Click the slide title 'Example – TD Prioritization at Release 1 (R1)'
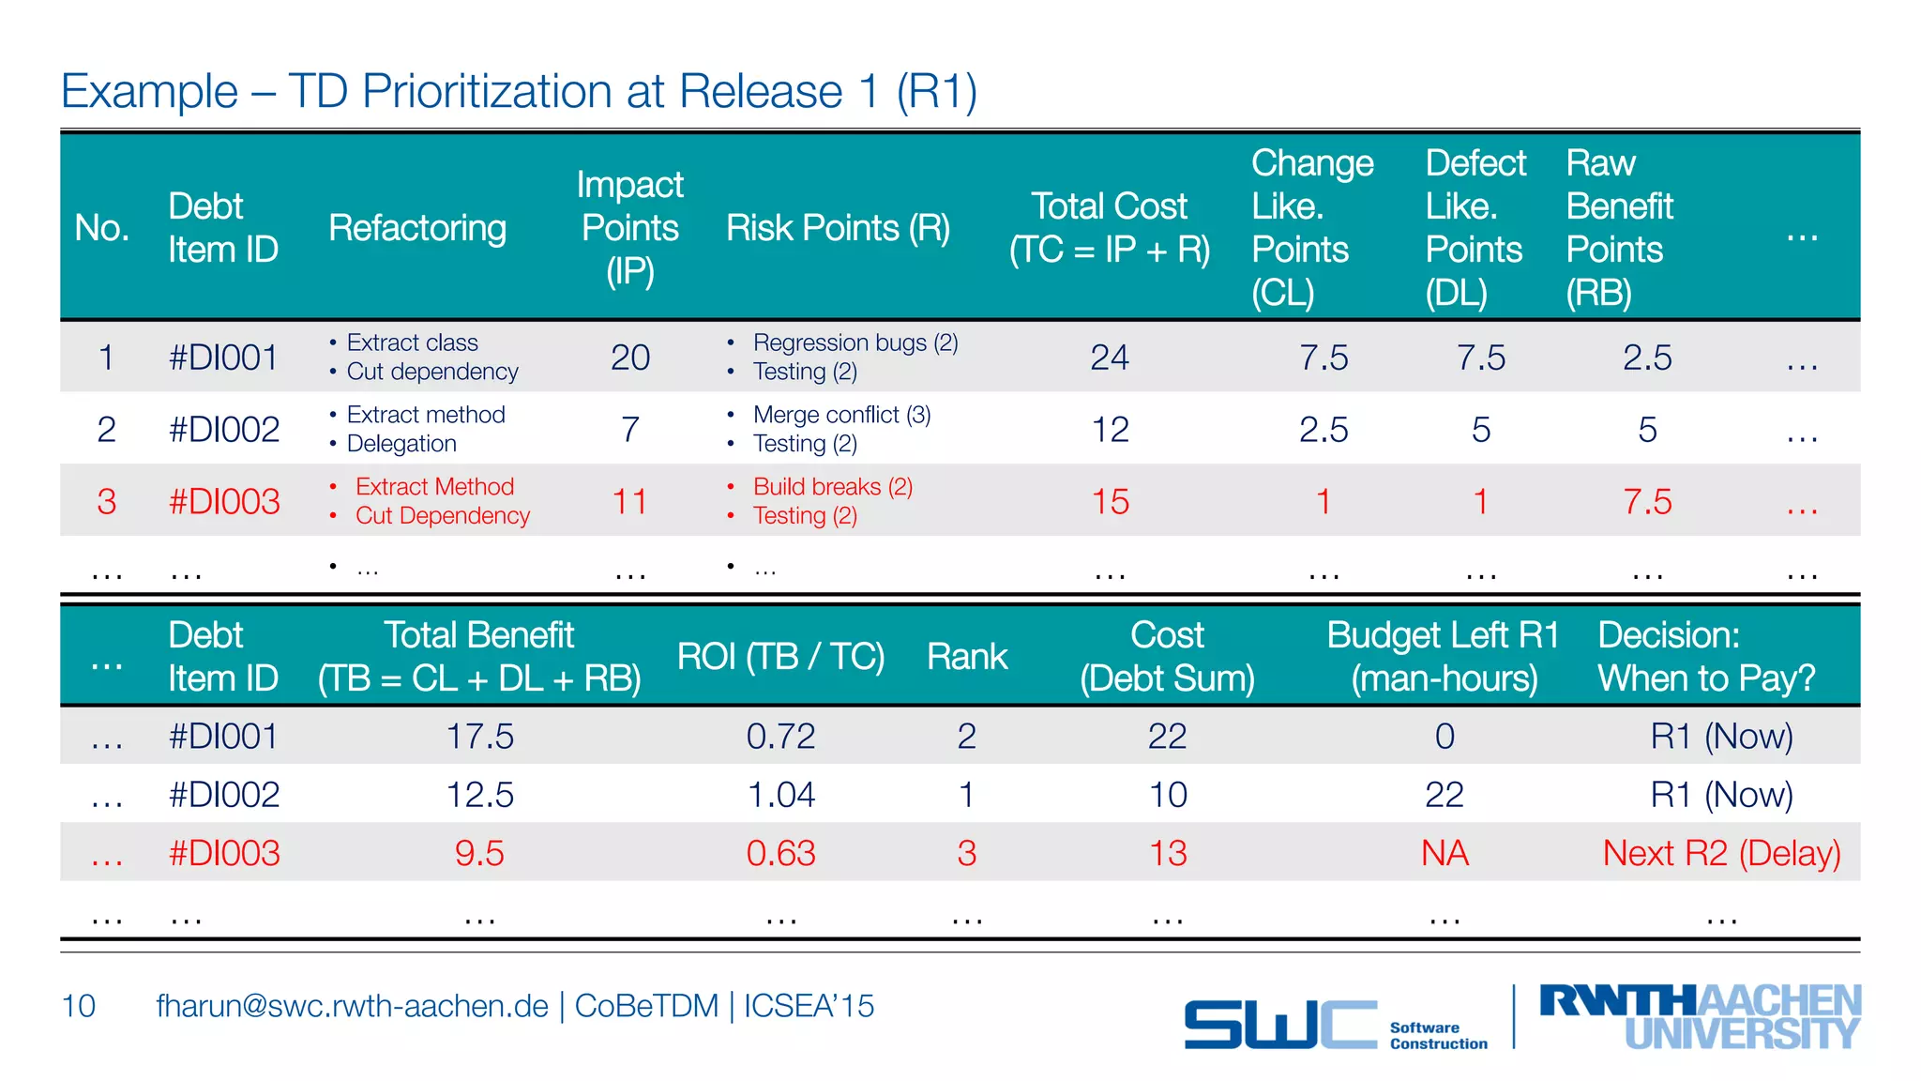[519, 92]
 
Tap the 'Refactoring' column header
[417, 228]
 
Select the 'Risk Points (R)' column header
[838, 228]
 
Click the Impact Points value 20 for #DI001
[630, 358]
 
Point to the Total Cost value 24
[1110, 358]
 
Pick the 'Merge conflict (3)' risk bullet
[841, 415]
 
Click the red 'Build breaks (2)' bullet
[832, 487]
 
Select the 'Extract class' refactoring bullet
[412, 343]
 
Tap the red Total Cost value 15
[1110, 502]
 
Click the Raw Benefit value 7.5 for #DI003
[1647, 502]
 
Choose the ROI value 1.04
[780, 796]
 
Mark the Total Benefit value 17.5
[479, 737]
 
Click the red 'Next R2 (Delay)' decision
[1721, 854]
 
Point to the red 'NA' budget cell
[1445, 854]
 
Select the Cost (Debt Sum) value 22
[1167, 737]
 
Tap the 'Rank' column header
[967, 657]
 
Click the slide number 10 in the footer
[79, 1006]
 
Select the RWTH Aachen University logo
[1700, 1016]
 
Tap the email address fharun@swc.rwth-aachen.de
[352, 1006]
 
